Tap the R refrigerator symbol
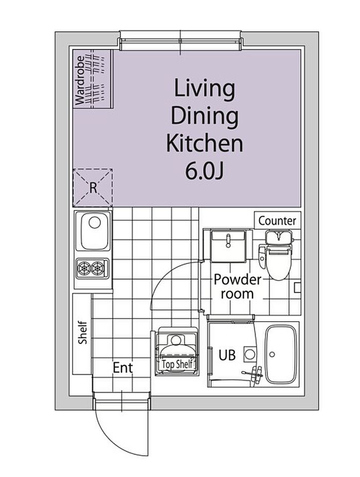[93, 188]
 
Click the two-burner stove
[93, 268]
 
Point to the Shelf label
[82, 332]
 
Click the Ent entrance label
[123, 368]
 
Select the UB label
[227, 355]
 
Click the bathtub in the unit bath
[281, 354]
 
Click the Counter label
[277, 221]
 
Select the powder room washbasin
[228, 246]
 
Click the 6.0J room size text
[204, 172]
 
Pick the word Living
[204, 89]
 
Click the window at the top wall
[181, 41]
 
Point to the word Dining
[204, 117]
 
